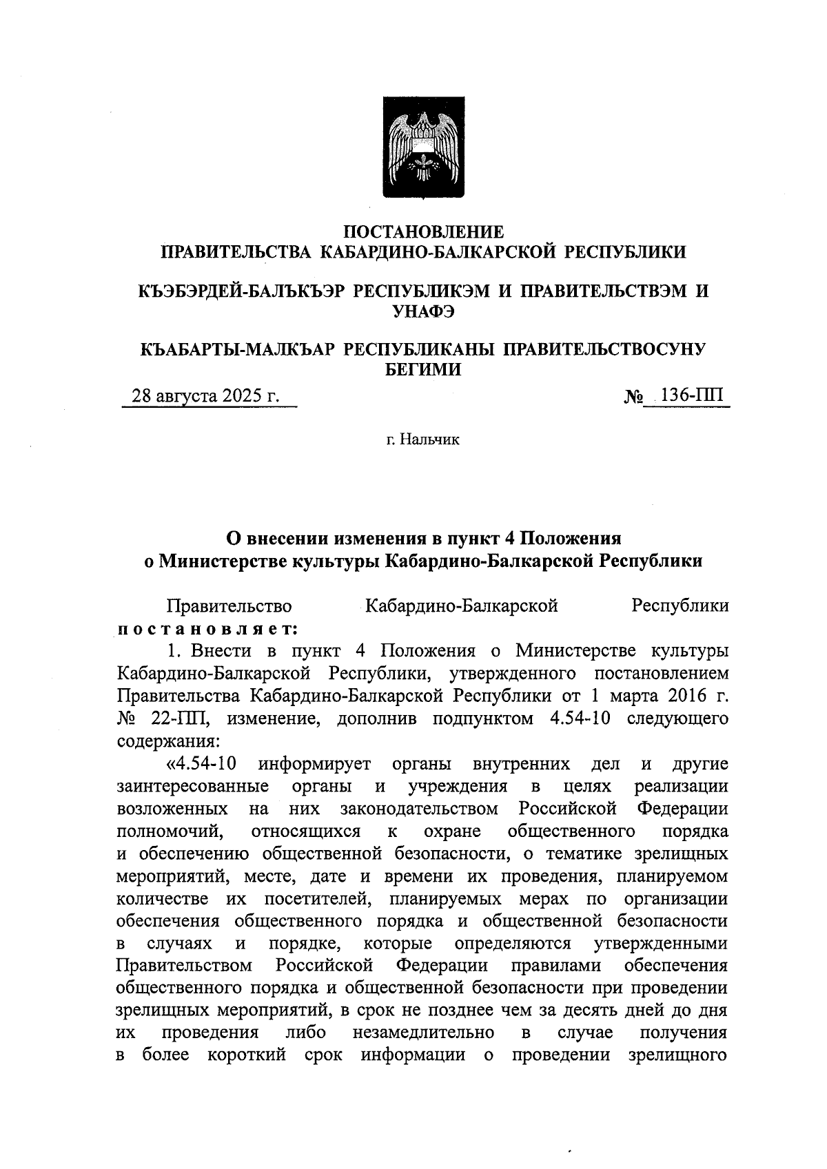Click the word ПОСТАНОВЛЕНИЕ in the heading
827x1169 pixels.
(x=423, y=231)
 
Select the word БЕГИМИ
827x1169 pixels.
(x=423, y=369)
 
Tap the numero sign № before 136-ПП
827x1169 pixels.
(x=633, y=397)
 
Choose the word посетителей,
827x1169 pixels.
(x=312, y=899)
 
